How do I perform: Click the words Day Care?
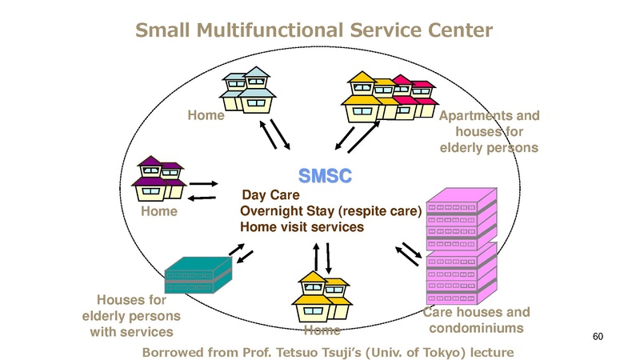click(270, 195)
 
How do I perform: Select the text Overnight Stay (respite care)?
click(331, 211)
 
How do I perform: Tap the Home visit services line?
click(302, 227)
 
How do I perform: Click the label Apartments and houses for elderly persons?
click(490, 132)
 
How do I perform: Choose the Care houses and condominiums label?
click(476, 320)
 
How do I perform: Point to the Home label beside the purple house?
click(159, 213)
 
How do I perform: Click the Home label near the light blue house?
click(206, 116)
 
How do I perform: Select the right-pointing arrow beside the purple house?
click(204, 183)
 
